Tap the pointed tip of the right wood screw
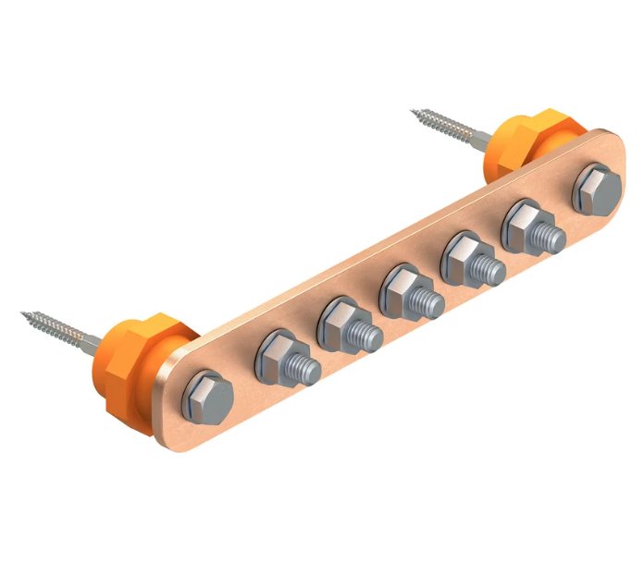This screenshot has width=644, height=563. pyautogui.click(x=414, y=112)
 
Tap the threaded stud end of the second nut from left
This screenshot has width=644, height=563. pyautogui.click(x=365, y=337)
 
